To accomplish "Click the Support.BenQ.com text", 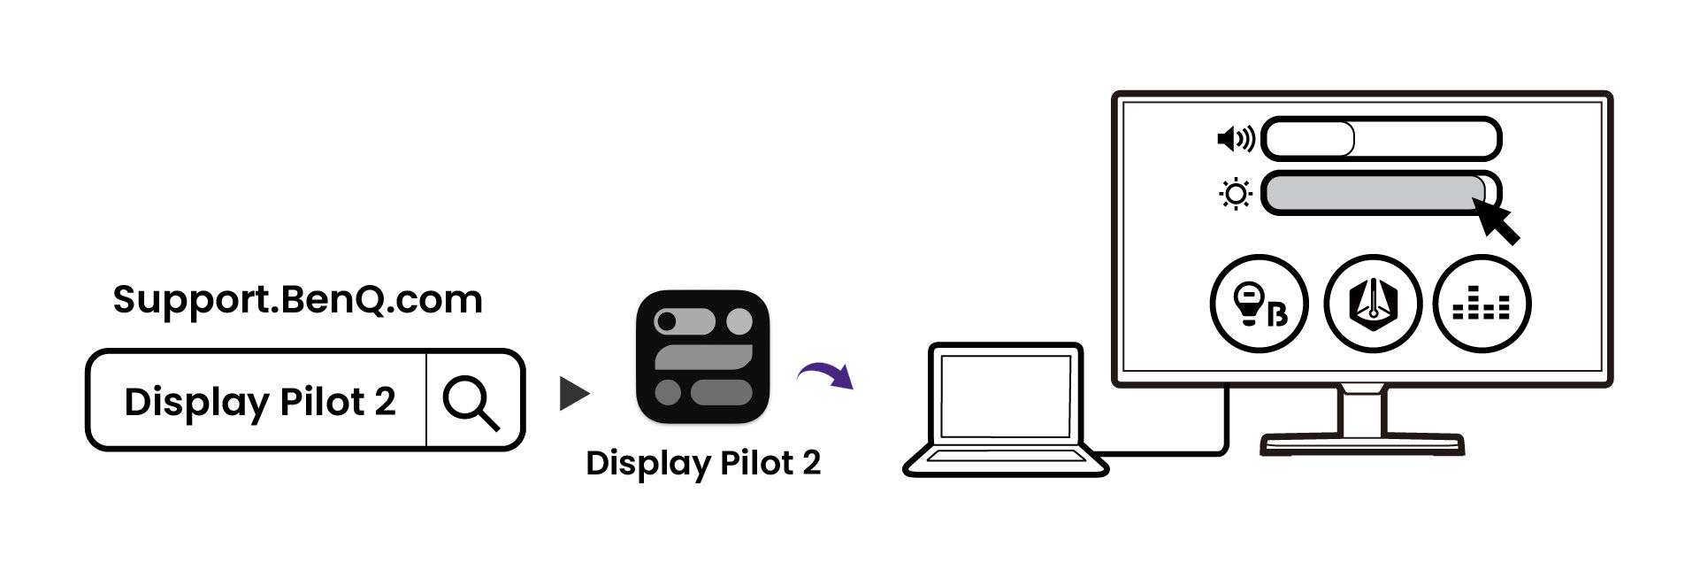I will coord(297,299).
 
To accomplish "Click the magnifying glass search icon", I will coord(471,402).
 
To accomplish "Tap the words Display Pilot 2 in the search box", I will coord(258,402).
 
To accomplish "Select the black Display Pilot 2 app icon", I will coord(703,357).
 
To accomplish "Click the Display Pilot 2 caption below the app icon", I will coord(703,463).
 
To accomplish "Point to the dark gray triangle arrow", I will coord(573,394).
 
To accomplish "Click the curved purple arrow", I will coord(827,375).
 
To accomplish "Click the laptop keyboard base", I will coord(1006,461).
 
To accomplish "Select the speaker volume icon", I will coord(1235,139).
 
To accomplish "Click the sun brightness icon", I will coord(1235,194).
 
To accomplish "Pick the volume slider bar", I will coord(1380,139).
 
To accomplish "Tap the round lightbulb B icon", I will coord(1258,304).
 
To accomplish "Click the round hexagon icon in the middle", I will coord(1372,304).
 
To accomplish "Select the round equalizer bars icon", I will coord(1482,304).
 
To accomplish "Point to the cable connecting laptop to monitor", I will coord(1226,434).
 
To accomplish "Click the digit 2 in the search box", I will coord(384,402).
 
